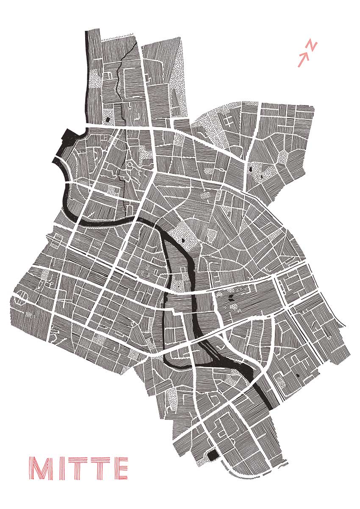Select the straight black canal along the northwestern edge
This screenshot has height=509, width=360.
click(88, 76)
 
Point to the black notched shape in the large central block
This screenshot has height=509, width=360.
click(231, 299)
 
